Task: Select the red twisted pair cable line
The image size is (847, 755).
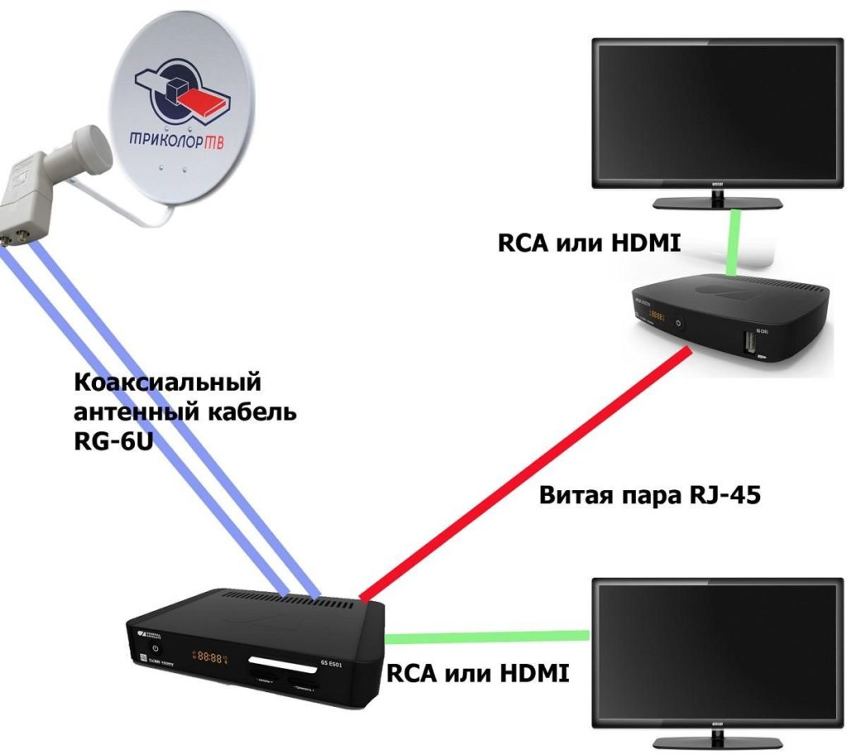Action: [521, 473]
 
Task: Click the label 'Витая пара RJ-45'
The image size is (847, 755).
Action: [648, 497]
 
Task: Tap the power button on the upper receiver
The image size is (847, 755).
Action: [678, 323]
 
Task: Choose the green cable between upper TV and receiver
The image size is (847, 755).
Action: [731, 243]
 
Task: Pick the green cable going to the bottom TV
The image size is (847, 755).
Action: [488, 637]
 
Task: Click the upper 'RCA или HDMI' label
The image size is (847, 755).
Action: [588, 243]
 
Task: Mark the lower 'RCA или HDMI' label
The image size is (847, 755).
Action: [478, 672]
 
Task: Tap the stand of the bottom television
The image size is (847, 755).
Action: [716, 738]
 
